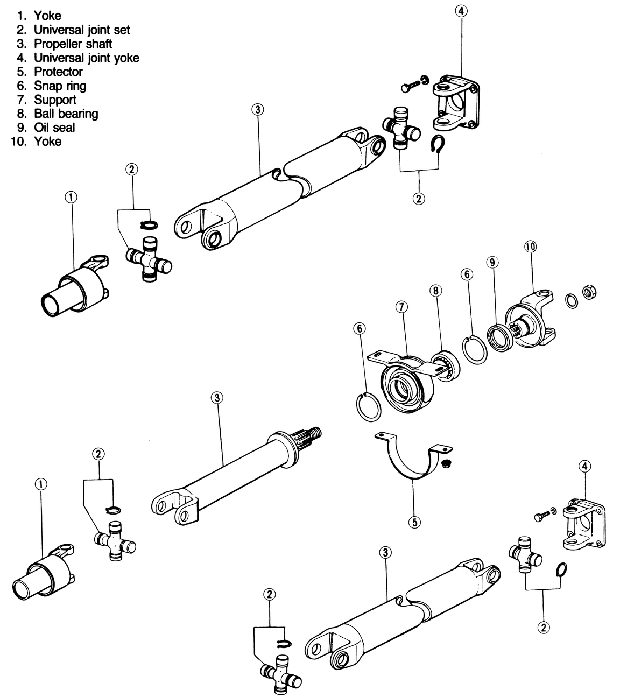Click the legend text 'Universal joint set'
[82, 30]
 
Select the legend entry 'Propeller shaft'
[73, 44]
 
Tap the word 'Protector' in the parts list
[58, 72]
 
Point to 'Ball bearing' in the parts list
[66, 114]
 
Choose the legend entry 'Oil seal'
[54, 128]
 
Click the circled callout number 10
[530, 247]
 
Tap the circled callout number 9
[492, 262]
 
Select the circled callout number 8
[435, 291]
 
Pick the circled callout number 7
[401, 307]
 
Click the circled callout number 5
[414, 522]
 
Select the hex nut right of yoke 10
[589, 293]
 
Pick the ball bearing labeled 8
[445, 365]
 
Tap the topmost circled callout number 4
[461, 11]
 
